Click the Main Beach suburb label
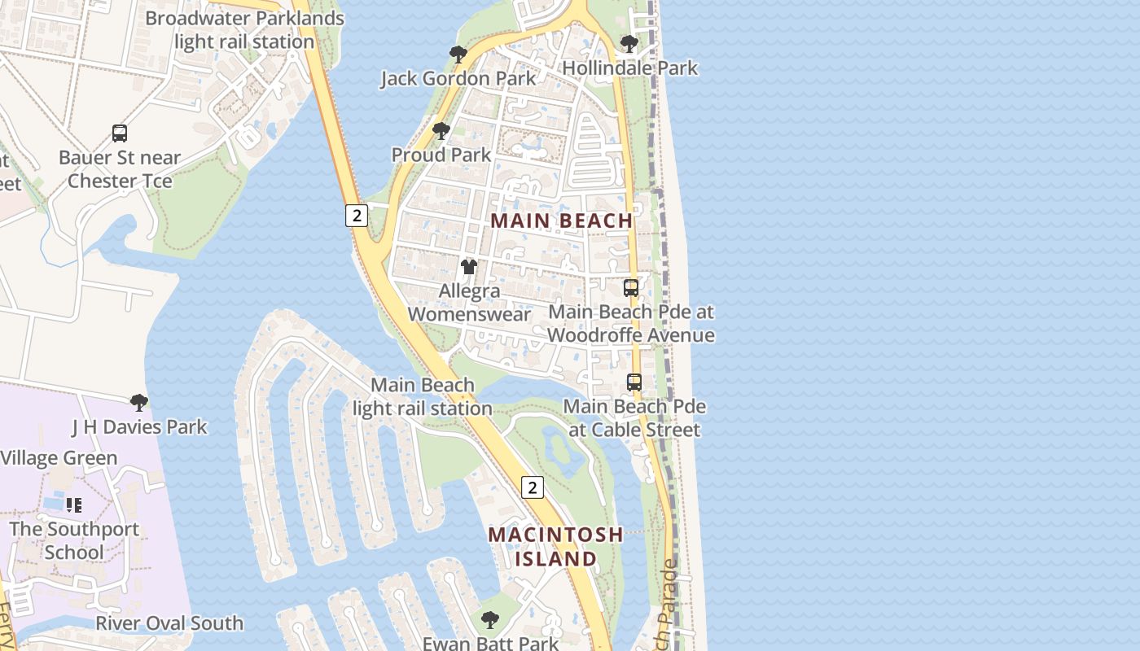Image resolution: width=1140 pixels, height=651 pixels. [x=562, y=221]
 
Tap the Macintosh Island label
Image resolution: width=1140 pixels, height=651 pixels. [x=555, y=547]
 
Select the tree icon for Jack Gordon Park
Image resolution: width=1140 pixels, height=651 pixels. [x=458, y=55]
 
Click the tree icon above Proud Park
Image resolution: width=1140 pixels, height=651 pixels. [x=441, y=130]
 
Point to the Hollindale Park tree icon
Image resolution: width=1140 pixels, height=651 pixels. [x=629, y=43]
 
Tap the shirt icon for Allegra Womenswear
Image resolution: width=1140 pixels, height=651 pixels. [x=468, y=266]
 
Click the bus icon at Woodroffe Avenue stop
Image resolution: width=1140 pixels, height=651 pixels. [x=631, y=287]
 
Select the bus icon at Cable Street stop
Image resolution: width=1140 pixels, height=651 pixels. [x=634, y=382]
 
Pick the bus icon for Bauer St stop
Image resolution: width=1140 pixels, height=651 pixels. [x=120, y=133]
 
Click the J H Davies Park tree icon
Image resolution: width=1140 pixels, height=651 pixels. [x=139, y=402]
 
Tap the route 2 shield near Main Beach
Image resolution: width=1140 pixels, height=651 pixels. [x=356, y=216]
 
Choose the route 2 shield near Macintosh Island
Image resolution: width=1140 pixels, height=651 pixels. [x=532, y=487]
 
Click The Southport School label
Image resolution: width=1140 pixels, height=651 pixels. [x=74, y=540]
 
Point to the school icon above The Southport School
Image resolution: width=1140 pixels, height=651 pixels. [x=74, y=505]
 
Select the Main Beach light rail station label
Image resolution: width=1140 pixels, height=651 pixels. [x=423, y=396]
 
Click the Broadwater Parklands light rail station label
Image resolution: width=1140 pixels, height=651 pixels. [x=243, y=30]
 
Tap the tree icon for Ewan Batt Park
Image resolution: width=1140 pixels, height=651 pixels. [x=489, y=619]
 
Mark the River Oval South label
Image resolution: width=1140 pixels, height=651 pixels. [x=169, y=623]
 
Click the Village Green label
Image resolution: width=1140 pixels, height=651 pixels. [x=59, y=458]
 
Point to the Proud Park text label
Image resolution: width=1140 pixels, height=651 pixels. [x=441, y=155]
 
